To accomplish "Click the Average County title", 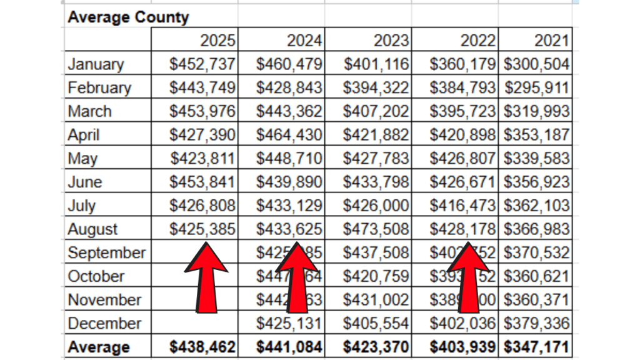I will (128, 17).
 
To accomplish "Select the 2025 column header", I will (217, 41).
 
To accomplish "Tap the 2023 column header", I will (391, 41).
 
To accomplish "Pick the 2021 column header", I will (552, 41).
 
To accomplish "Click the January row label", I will (96, 64).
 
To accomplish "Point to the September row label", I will (106, 253).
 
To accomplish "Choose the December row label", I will (104, 324).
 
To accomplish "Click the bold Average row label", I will (99, 347).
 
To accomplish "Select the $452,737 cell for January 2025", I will (202, 64).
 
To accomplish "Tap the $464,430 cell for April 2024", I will (289, 135).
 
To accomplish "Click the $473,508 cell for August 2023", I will (376, 229).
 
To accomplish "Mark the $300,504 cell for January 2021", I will (537, 64).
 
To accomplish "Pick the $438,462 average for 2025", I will (202, 347).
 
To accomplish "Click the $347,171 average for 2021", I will (537, 347).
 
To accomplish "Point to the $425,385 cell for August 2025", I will (202, 229).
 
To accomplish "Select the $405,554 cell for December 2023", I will (376, 324).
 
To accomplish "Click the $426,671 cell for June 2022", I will (463, 182).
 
